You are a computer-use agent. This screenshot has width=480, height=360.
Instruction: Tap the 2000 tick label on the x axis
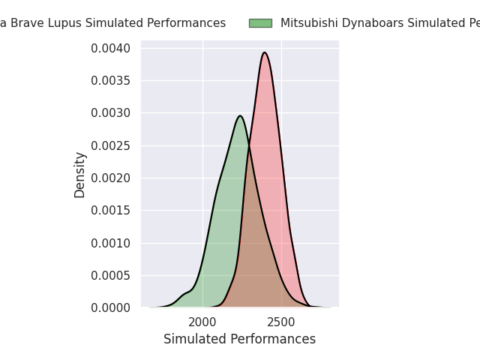(x=202, y=322)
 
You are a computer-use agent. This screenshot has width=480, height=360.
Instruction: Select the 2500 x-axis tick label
(x=281, y=322)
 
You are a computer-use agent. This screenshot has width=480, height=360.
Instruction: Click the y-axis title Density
(x=80, y=175)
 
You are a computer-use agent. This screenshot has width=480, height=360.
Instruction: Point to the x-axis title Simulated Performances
(x=239, y=340)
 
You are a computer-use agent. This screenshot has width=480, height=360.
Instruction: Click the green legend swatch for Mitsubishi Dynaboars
(x=260, y=23)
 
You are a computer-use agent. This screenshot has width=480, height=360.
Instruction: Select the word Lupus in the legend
(x=66, y=23)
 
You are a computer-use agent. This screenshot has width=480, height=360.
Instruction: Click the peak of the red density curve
(x=265, y=52)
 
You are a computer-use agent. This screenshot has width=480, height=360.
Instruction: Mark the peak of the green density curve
(x=240, y=116)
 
